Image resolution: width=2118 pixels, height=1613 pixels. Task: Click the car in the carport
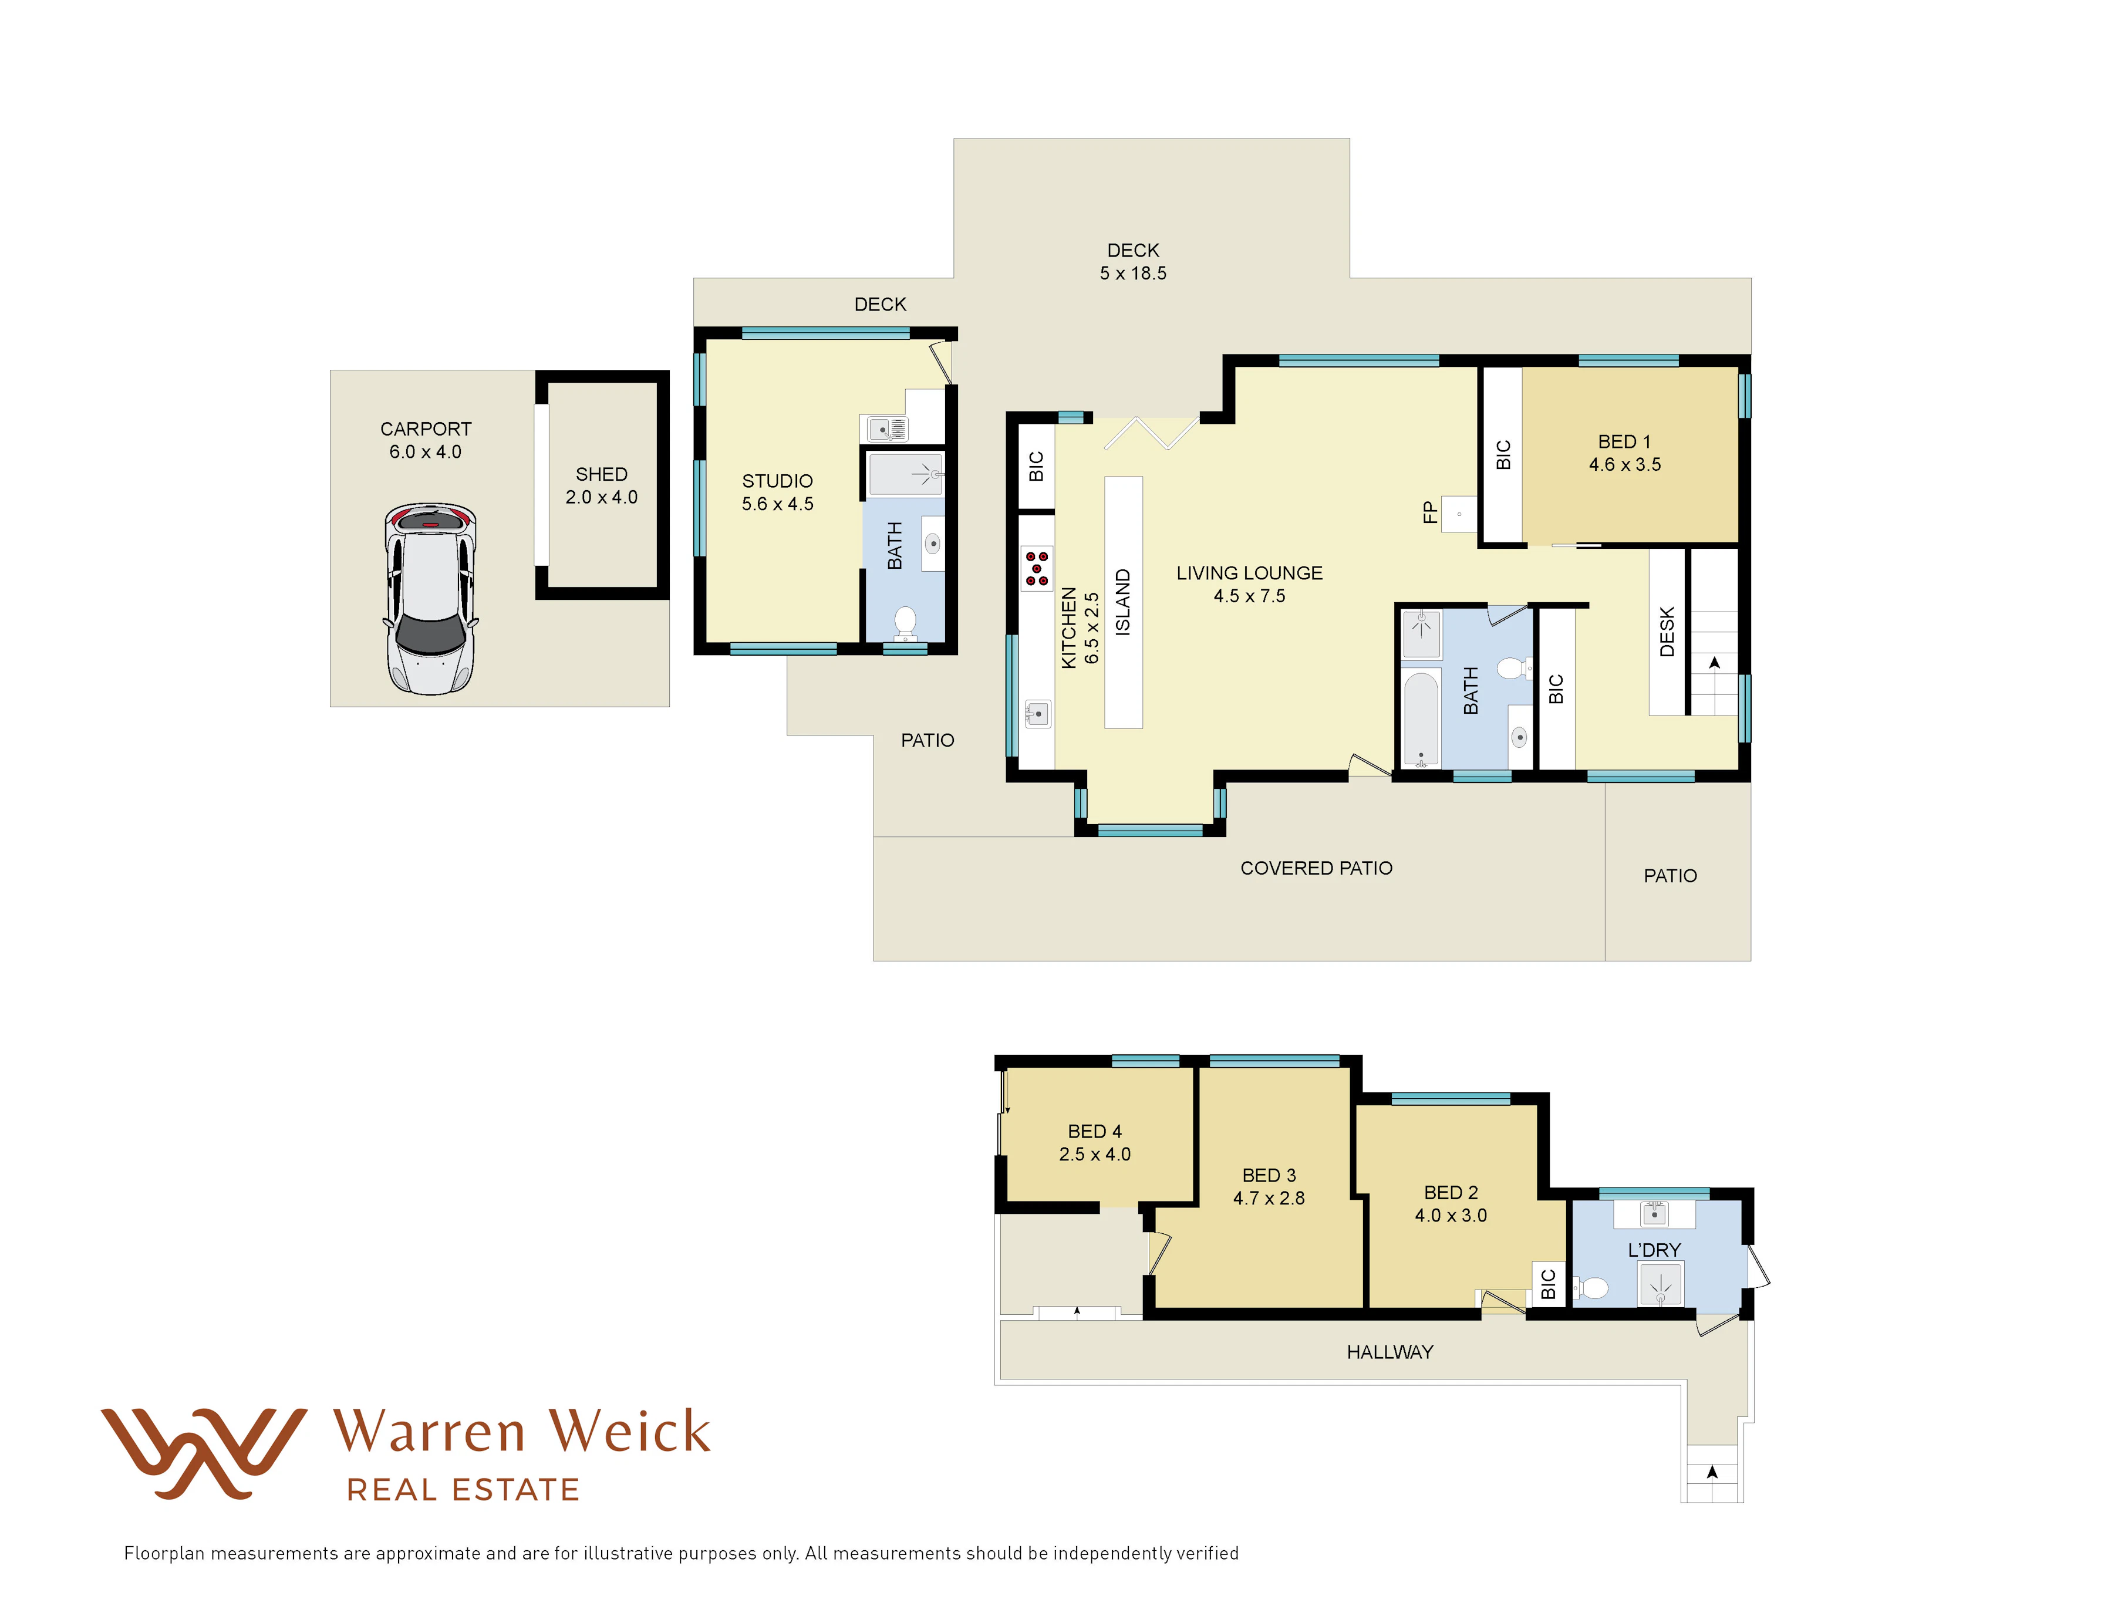pos(430,598)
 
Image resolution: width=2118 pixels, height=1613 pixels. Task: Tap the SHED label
pos(601,474)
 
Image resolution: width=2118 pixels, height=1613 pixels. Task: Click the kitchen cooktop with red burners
pos(1036,568)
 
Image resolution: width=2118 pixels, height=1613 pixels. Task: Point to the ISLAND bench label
pos(1122,602)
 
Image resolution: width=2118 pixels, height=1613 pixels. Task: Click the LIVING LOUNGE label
pos(1249,573)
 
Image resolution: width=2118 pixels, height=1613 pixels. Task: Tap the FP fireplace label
pos(1429,512)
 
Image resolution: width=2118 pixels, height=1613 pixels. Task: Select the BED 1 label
pos(1624,441)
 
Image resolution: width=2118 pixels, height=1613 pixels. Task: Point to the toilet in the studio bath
pos(905,621)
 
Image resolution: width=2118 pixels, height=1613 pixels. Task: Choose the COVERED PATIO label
pos(1316,868)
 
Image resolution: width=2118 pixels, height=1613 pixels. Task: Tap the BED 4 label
pos(1095,1131)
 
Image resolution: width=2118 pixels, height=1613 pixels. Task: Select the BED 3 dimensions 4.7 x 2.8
pos(1269,1198)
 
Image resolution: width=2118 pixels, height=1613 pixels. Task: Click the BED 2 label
pos(1451,1193)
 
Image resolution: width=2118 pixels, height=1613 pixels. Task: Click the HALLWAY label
pos(1389,1352)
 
